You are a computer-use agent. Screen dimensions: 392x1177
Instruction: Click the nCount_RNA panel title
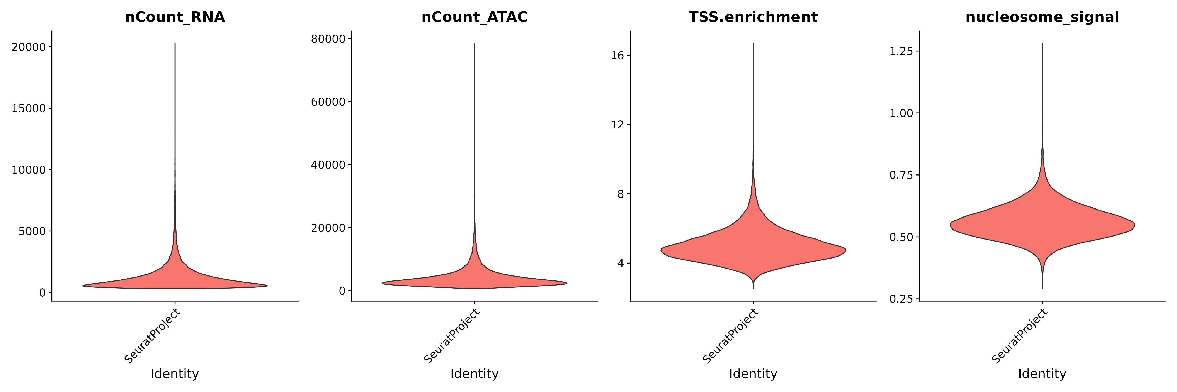coord(175,17)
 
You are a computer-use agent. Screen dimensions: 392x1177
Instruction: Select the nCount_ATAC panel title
coord(474,17)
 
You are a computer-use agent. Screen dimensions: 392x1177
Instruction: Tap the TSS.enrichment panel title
coord(753,17)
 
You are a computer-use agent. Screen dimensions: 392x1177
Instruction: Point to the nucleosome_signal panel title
coord(1042,17)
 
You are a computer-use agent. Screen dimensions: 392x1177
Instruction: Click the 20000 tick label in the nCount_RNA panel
coord(29,47)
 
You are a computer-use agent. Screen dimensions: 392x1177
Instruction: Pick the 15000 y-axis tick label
coord(29,109)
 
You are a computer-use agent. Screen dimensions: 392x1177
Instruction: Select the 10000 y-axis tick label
coord(29,170)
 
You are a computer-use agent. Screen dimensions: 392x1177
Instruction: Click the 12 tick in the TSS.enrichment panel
coord(617,125)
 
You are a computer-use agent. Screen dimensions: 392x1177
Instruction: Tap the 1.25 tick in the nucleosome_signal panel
coord(901,51)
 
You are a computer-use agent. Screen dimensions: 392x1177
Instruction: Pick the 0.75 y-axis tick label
coord(901,175)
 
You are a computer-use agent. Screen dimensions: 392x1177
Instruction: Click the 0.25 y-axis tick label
coord(901,299)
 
